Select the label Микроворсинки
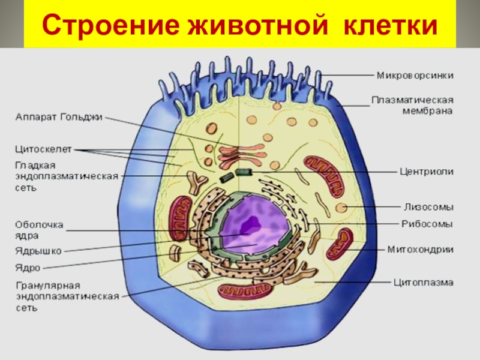415,76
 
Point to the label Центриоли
427,171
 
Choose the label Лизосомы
427,208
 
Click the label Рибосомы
427,224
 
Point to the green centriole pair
235,175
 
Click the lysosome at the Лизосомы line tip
342,208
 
